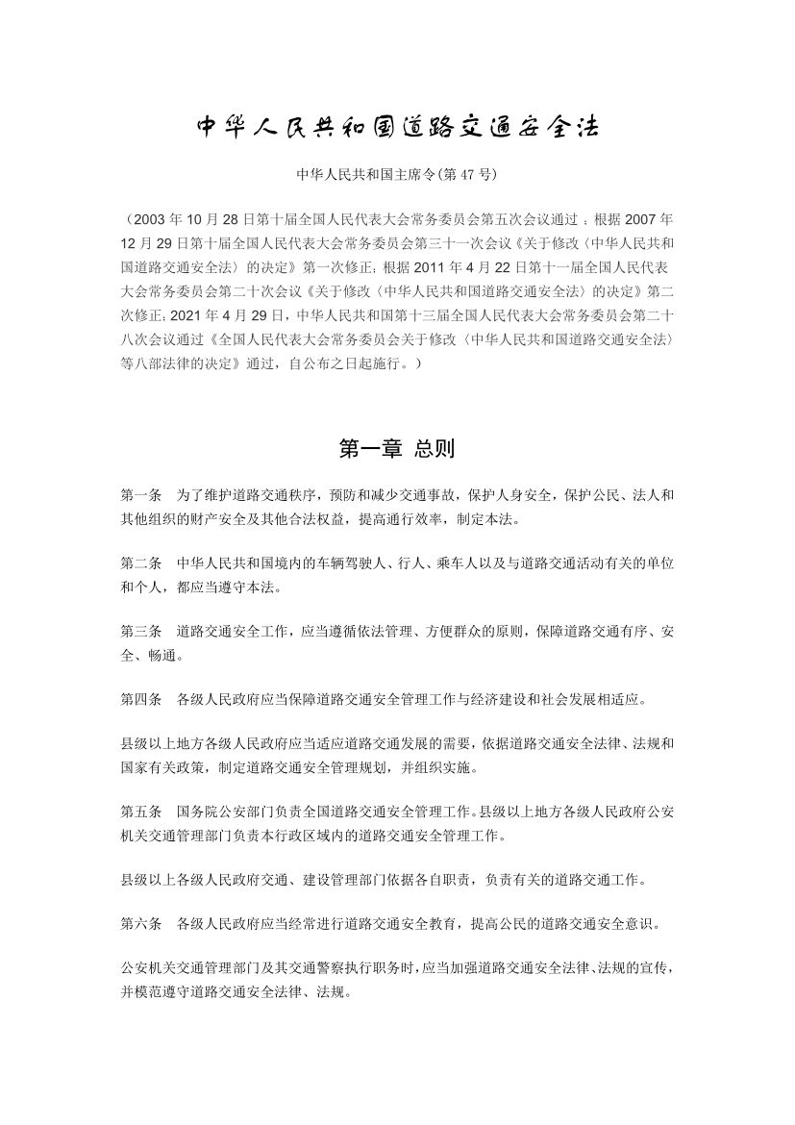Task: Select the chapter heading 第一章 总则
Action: (x=397, y=448)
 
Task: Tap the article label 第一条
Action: (x=140, y=495)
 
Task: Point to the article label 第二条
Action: (x=140, y=561)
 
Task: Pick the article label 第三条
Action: (x=140, y=632)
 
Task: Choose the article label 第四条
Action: (x=140, y=698)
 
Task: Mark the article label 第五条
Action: (x=140, y=811)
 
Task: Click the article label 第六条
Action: (x=140, y=924)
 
